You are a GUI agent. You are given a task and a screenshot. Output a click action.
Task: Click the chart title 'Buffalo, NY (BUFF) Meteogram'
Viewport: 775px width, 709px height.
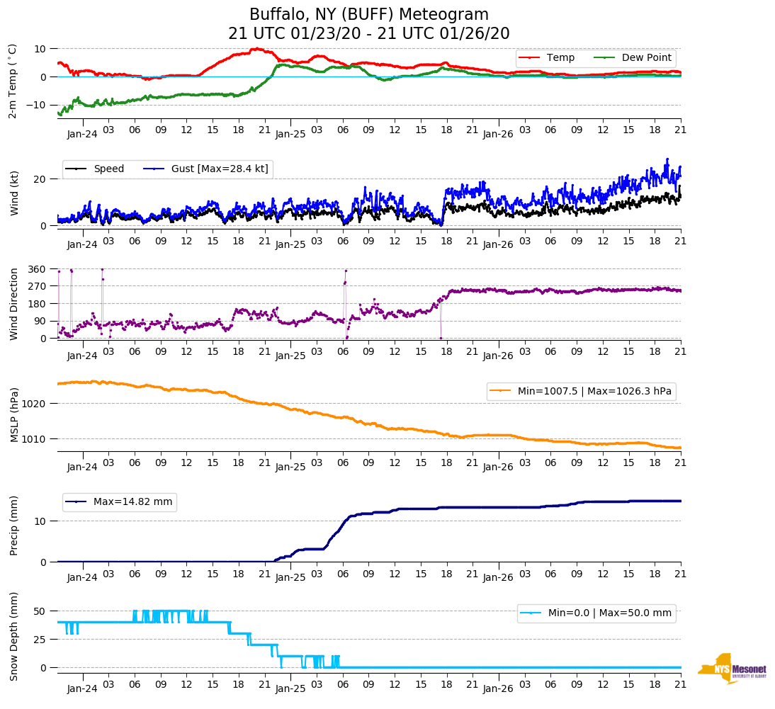tap(369, 15)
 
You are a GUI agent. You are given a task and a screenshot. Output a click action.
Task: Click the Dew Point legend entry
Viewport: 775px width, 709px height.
tap(646, 57)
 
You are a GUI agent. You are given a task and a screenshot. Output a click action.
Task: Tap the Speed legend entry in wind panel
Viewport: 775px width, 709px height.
tap(108, 169)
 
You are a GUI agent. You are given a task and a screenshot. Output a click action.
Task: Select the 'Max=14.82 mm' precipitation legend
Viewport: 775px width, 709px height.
tap(132, 502)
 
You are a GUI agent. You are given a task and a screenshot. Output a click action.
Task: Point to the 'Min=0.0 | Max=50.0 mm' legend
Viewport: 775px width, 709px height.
tap(609, 613)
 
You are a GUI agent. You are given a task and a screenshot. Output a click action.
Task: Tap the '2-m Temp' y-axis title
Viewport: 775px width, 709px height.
tap(13, 81)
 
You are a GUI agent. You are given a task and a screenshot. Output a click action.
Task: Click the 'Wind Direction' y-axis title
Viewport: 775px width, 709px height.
tap(14, 303)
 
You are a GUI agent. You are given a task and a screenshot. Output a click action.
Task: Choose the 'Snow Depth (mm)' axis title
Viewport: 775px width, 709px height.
tap(14, 637)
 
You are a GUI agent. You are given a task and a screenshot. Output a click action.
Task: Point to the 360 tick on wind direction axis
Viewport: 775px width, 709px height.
tap(37, 269)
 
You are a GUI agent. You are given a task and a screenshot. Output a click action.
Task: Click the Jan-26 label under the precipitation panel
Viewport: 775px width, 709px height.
tap(498, 577)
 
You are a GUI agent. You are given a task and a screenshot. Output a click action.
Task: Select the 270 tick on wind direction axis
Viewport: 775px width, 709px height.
tap(37, 286)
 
